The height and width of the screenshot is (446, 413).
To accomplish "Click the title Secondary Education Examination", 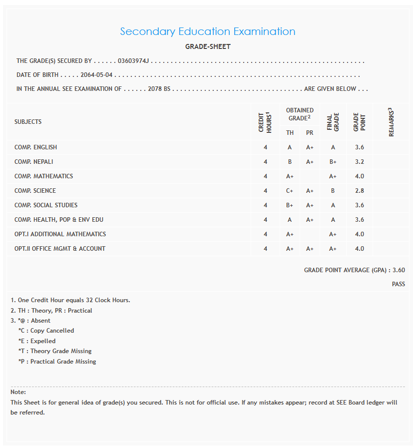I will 207,31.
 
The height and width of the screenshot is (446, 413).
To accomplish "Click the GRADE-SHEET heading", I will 208,47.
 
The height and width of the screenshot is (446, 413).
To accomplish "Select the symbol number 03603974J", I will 133,61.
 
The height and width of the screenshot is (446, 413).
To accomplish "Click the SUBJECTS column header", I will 28,122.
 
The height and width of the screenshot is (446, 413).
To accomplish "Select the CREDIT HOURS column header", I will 265,122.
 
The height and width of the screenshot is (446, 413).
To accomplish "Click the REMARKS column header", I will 392,122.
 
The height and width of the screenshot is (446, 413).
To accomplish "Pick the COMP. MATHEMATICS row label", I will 43,176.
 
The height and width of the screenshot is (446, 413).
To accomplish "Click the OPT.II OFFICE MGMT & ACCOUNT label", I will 60,249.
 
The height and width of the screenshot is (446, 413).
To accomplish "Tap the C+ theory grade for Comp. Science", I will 290,191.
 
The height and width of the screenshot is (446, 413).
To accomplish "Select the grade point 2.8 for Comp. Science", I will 360,191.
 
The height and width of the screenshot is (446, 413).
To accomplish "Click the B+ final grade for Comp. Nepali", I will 333,162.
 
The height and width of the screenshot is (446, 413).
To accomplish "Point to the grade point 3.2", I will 360,162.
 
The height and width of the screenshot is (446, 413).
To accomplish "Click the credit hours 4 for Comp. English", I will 265,147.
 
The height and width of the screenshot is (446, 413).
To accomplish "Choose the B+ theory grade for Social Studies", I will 290,205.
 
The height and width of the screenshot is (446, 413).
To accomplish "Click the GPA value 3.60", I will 399,270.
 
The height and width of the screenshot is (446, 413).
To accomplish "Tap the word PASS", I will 398,284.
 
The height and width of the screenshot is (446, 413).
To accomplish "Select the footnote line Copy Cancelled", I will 46,331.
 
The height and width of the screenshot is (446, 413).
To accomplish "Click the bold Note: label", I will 18,392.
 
